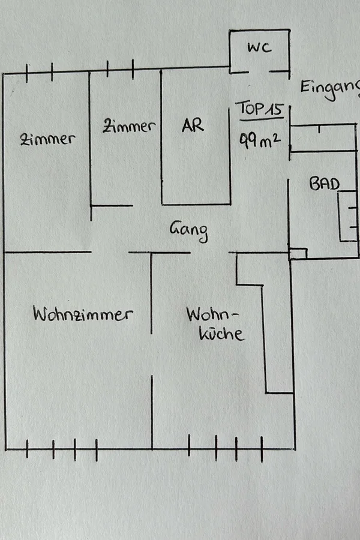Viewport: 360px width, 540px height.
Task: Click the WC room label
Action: coord(260,48)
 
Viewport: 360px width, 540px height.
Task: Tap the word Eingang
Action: coord(329,87)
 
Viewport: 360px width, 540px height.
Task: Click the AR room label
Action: coord(193,126)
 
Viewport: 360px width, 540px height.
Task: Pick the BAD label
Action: coord(324,184)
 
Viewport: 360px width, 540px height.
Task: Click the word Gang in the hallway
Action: coord(188,230)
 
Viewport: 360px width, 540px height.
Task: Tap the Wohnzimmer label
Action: coord(83,314)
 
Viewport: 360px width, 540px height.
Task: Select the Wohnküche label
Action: coord(215,325)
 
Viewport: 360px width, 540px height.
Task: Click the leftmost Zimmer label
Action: coord(47,139)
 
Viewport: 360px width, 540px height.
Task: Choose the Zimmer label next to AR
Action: coord(128,127)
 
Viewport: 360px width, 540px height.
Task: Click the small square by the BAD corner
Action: coord(298,254)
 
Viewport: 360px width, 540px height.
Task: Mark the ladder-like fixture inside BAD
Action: coord(348,216)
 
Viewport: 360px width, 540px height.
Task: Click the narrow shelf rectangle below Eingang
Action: coord(323,138)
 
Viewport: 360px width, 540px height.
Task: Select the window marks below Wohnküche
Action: coord(225,448)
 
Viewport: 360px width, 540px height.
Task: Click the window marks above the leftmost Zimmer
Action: coord(40,73)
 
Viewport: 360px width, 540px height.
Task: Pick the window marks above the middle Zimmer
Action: coord(120,70)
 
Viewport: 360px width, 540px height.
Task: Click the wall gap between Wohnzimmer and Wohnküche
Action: coord(151,354)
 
